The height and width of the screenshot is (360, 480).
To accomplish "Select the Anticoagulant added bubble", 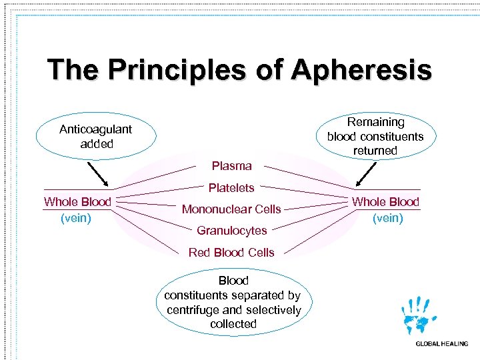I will (95, 137).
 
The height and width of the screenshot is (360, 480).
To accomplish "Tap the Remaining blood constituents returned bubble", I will (375, 137).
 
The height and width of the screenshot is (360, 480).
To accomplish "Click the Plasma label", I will (231, 166).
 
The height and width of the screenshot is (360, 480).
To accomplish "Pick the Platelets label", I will (231, 188).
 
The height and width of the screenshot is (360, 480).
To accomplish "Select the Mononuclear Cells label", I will (231, 209).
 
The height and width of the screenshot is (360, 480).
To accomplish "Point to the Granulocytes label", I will (231, 231).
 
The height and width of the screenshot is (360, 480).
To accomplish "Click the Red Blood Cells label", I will (231, 253).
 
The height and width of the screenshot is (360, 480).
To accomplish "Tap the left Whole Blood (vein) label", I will (77, 209).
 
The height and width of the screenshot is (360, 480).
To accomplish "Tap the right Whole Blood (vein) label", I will (385, 209).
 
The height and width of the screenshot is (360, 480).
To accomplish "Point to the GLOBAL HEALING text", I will (441, 344).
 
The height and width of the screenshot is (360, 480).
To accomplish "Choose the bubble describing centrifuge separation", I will (233, 302).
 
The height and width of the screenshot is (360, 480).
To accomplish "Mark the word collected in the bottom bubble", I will (233, 324).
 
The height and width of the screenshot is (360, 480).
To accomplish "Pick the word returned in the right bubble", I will (375, 151).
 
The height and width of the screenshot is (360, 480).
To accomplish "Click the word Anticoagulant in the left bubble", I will (95, 129).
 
